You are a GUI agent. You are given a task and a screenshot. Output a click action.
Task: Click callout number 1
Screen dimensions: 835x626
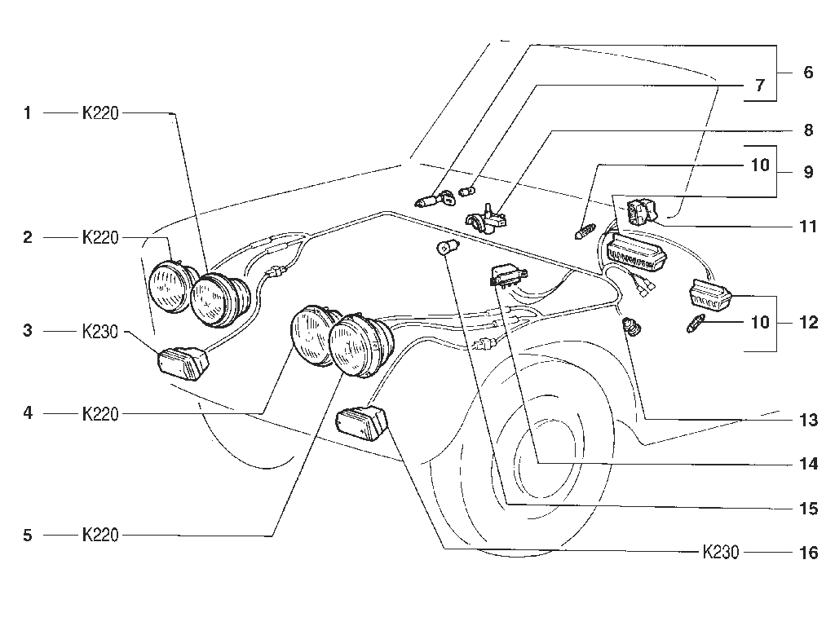[27, 112]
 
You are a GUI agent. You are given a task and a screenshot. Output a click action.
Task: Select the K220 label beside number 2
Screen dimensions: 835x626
[100, 237]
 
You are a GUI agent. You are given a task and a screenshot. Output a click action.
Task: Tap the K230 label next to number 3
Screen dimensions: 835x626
[100, 331]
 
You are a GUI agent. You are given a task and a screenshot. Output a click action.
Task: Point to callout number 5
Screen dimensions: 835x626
[28, 535]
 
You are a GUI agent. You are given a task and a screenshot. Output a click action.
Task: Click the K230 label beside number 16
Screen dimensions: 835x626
[721, 552]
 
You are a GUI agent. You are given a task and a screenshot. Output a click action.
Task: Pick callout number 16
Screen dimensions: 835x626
[809, 553]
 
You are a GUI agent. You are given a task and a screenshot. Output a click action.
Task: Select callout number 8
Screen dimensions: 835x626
[808, 130]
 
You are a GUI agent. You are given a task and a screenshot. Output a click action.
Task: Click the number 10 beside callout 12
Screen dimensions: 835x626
[760, 322]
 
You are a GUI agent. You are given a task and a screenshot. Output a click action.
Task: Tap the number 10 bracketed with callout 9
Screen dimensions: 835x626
[760, 165]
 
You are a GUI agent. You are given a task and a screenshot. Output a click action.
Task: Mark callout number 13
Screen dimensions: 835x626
[809, 420]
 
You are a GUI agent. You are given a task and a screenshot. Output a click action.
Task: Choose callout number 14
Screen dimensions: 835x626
[809, 464]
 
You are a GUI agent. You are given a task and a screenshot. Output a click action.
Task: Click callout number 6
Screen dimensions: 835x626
[808, 72]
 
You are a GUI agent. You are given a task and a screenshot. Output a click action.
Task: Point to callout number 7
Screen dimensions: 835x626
[760, 85]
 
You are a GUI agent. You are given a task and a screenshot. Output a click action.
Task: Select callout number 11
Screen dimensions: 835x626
[809, 227]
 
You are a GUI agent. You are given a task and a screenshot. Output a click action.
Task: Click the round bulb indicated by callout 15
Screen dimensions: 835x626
[444, 248]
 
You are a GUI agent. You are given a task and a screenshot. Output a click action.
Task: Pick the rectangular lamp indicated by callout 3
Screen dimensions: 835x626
[183, 364]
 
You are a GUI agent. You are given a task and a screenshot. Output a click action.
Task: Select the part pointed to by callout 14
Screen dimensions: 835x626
[507, 277]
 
